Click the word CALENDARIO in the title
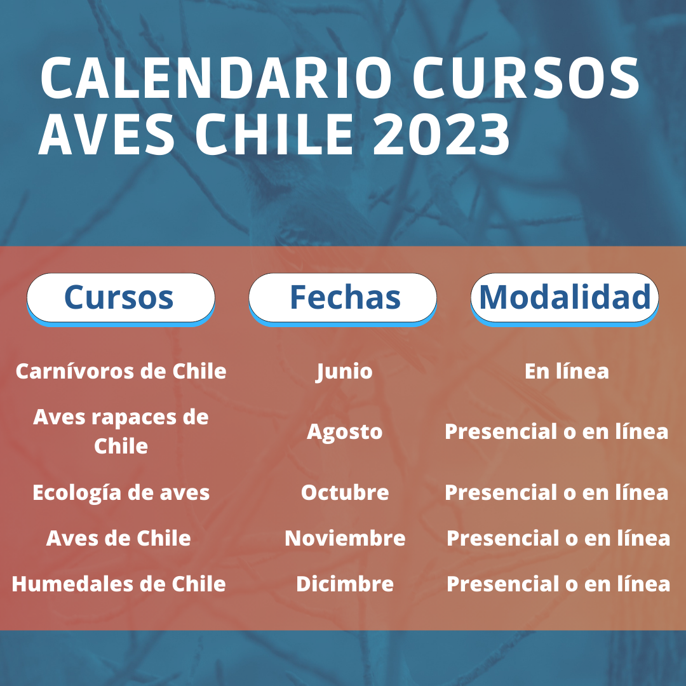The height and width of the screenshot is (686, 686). click(216, 77)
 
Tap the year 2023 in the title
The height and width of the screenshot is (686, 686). click(441, 133)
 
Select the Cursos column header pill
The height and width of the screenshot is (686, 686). click(121, 299)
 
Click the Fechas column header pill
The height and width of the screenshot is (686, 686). click(342, 299)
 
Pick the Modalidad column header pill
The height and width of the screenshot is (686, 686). click(565, 299)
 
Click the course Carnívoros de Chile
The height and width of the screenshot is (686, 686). click(121, 371)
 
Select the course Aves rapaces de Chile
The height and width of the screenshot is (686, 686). click(121, 431)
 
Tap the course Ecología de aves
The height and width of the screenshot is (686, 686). click(121, 493)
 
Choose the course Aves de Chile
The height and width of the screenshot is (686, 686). click(118, 538)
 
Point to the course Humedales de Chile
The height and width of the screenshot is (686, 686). click(119, 584)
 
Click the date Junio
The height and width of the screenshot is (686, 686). click(344, 372)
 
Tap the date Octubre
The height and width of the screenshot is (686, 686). click(345, 493)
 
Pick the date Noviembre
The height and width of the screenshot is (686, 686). click(345, 538)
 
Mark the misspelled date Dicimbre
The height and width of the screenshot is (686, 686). click(345, 584)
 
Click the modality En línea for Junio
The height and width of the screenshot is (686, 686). click(567, 371)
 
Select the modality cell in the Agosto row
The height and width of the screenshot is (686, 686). click(556, 431)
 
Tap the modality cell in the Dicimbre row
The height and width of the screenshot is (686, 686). click(558, 584)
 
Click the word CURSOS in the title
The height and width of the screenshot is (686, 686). click(527, 77)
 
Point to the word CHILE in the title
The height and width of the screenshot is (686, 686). click(274, 133)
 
